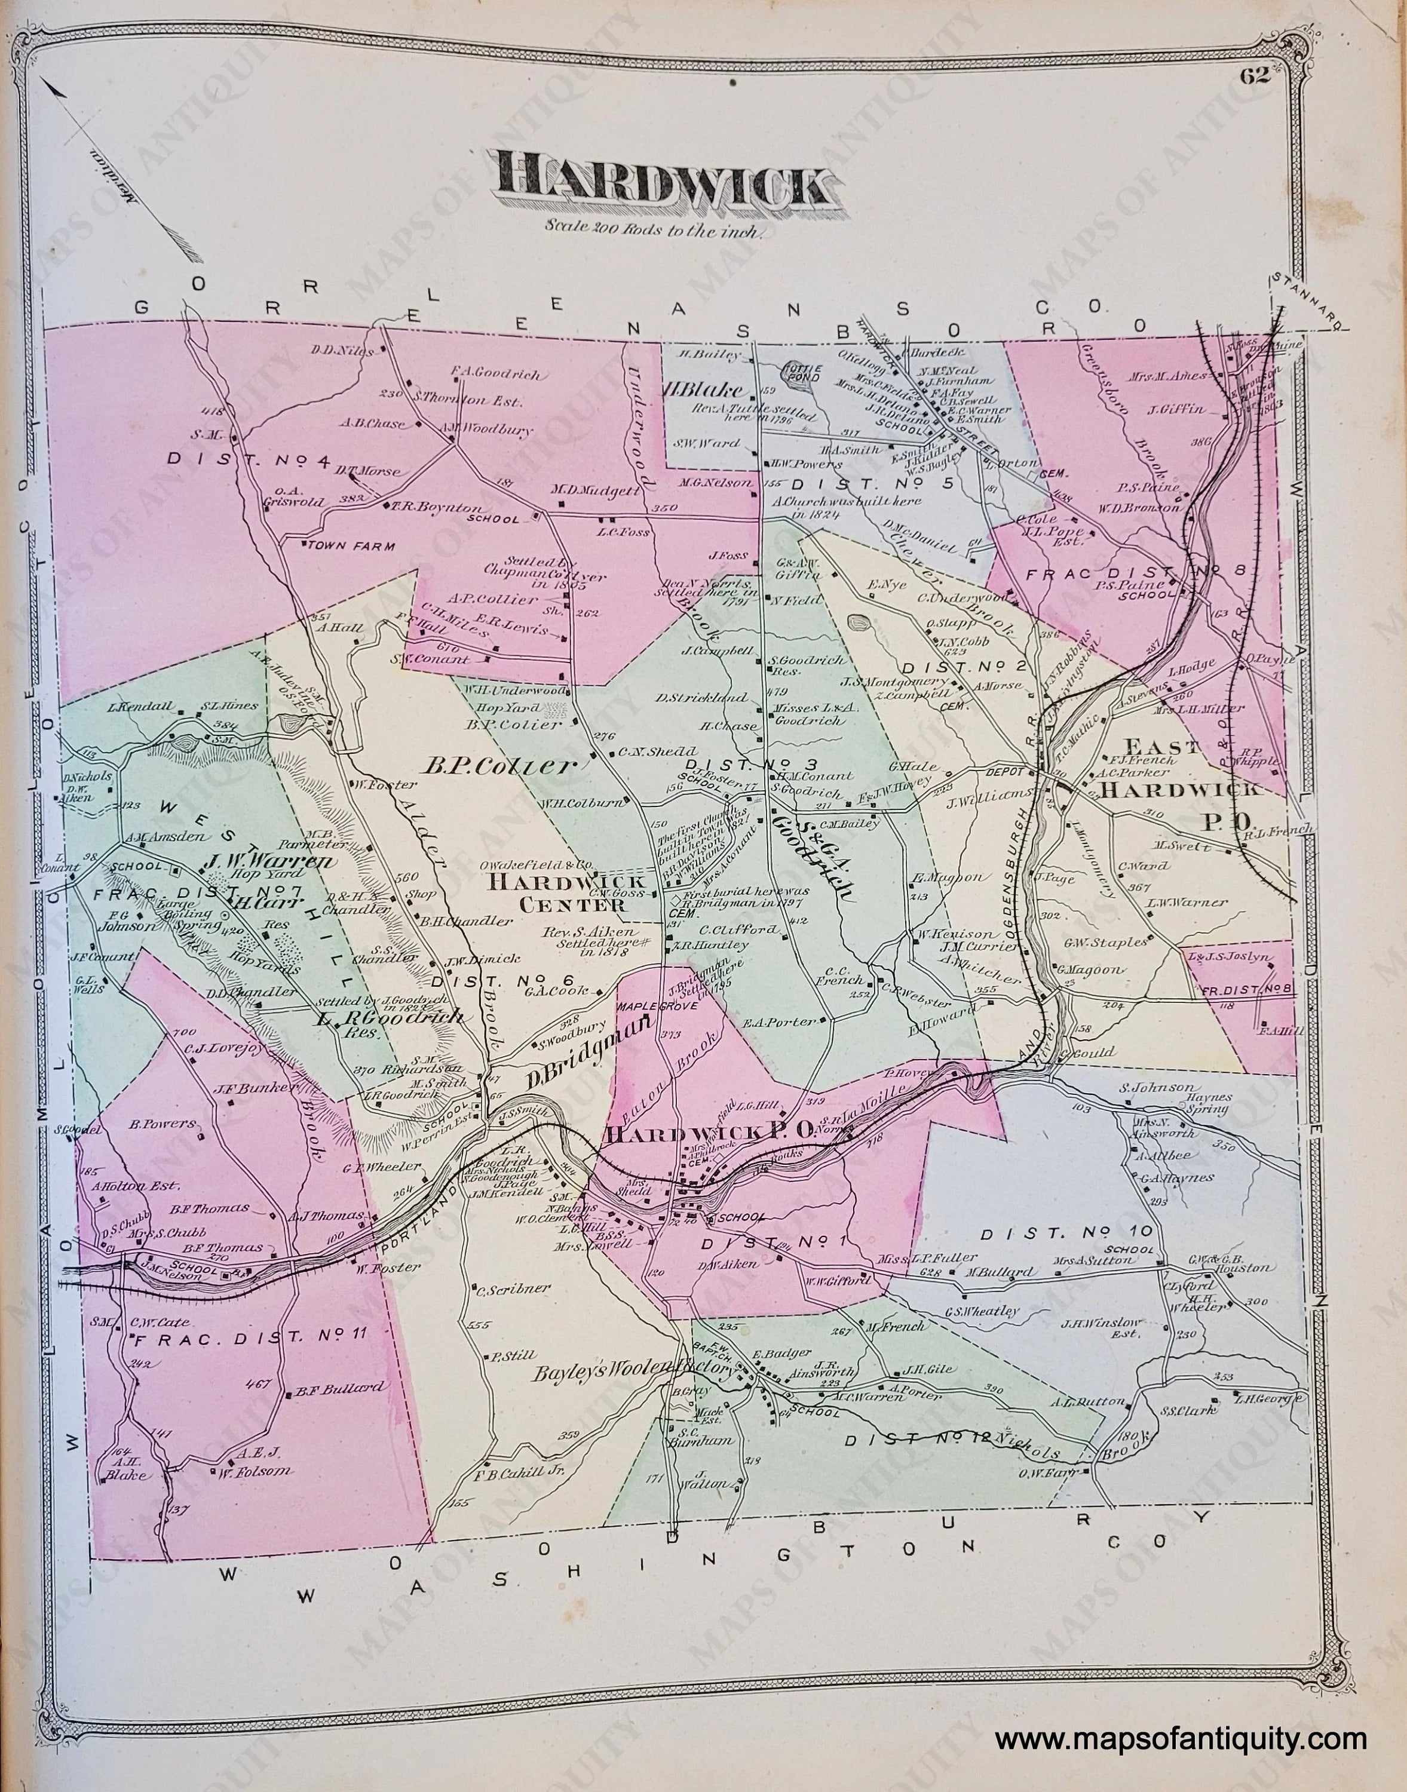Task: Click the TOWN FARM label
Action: [350, 545]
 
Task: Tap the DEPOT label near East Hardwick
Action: [1009, 772]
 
